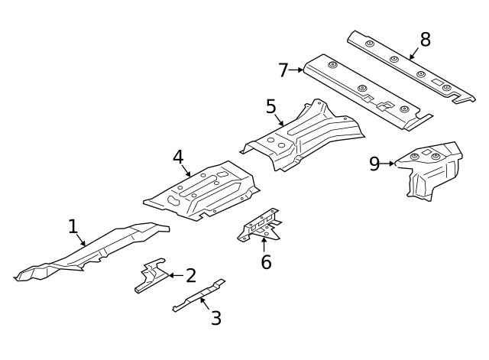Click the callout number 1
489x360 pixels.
tap(73, 226)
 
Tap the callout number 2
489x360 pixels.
tap(191, 275)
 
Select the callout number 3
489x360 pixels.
tap(215, 318)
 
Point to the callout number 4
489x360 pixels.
tap(178, 157)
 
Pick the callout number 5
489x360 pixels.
tap(271, 106)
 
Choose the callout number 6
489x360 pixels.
tap(266, 261)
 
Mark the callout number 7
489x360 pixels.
tap(283, 70)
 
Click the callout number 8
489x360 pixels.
tap(426, 40)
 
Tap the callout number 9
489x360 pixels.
tap(374, 164)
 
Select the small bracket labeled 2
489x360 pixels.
tap(151, 275)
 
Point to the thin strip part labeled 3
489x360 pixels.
tap(199, 295)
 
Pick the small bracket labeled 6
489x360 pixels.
tap(260, 225)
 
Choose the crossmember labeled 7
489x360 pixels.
tap(368, 92)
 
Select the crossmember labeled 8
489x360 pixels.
tap(411, 66)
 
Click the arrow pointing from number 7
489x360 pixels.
tap(296, 70)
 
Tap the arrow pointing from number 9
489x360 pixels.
tap(387, 164)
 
